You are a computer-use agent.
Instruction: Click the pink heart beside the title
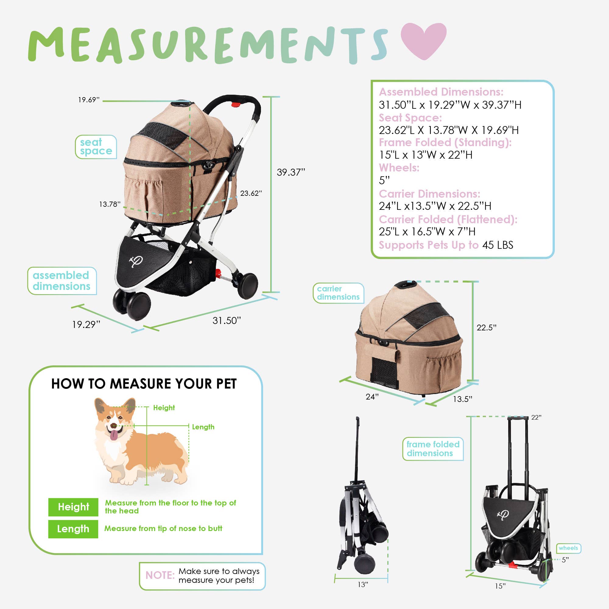(423, 40)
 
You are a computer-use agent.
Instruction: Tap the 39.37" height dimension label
(290, 172)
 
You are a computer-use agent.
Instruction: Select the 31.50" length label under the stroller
(226, 321)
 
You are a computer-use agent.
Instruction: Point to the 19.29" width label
(86, 324)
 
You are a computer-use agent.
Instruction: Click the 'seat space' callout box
(96, 147)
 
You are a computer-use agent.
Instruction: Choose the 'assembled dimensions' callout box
(62, 281)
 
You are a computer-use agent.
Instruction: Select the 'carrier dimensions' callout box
(338, 293)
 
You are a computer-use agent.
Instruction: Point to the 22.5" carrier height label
(486, 328)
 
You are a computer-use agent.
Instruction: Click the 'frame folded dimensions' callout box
(432, 449)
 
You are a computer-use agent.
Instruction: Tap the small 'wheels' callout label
(568, 548)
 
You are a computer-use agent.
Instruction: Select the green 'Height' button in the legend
(73, 507)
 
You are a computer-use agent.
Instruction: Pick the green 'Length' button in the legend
(73, 529)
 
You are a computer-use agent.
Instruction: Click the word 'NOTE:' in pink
(160, 575)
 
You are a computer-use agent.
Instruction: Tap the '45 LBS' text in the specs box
(498, 245)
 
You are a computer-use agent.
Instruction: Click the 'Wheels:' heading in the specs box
(399, 168)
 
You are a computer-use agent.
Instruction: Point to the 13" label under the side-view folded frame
(363, 585)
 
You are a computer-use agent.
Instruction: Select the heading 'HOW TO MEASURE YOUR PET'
(144, 384)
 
